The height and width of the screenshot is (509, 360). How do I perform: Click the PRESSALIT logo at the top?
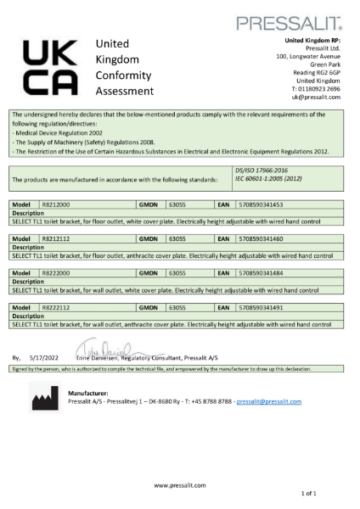click(301, 22)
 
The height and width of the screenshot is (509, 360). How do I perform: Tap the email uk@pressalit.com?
click(316, 97)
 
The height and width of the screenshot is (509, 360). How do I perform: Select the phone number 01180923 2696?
click(315, 88)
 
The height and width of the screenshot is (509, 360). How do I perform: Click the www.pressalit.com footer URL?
click(179, 484)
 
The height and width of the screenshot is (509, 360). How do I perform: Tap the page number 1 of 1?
click(331, 493)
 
